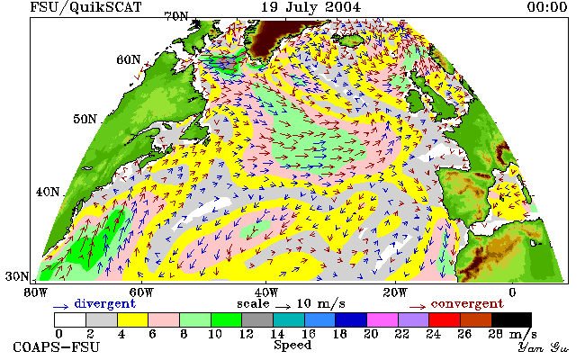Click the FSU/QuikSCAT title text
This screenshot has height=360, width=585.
[x=85, y=7]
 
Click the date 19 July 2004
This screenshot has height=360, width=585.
[x=310, y=6]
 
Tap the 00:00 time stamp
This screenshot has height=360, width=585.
[x=547, y=6]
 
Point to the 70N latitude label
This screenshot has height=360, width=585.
[x=176, y=16]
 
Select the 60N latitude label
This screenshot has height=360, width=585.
[x=129, y=59]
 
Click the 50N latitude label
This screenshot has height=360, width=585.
[x=85, y=119]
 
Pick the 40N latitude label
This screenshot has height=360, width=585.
[x=48, y=192]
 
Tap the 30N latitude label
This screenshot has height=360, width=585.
[x=17, y=276]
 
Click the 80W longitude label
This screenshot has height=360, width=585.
[x=35, y=292]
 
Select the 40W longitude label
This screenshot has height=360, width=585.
[x=266, y=292]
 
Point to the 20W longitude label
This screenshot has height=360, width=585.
[x=395, y=292]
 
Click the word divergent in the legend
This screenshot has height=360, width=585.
[x=104, y=303]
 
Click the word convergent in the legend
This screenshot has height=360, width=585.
[x=467, y=303]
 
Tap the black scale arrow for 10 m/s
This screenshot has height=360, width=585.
[x=283, y=307]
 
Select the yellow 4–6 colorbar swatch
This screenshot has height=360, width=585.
[x=133, y=320]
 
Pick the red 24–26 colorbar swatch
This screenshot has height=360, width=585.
[x=445, y=320]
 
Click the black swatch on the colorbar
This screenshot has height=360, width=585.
[x=511, y=320]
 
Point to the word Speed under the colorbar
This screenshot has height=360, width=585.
[x=292, y=345]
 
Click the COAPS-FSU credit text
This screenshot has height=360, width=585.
[x=57, y=346]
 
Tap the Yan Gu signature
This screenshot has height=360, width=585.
[x=543, y=347]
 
